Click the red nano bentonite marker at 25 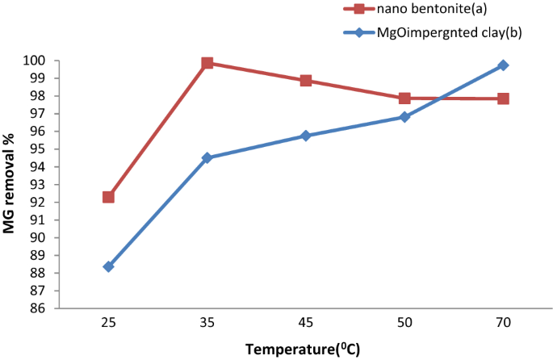point(108,197)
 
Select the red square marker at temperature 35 point(207,63)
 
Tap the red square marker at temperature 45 point(306,81)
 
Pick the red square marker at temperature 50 point(404,98)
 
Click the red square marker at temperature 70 point(503,98)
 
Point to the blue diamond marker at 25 point(108,266)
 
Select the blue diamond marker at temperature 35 point(207,158)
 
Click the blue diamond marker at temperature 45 point(306,136)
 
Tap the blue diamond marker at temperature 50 point(404,117)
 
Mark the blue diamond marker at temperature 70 point(503,65)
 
